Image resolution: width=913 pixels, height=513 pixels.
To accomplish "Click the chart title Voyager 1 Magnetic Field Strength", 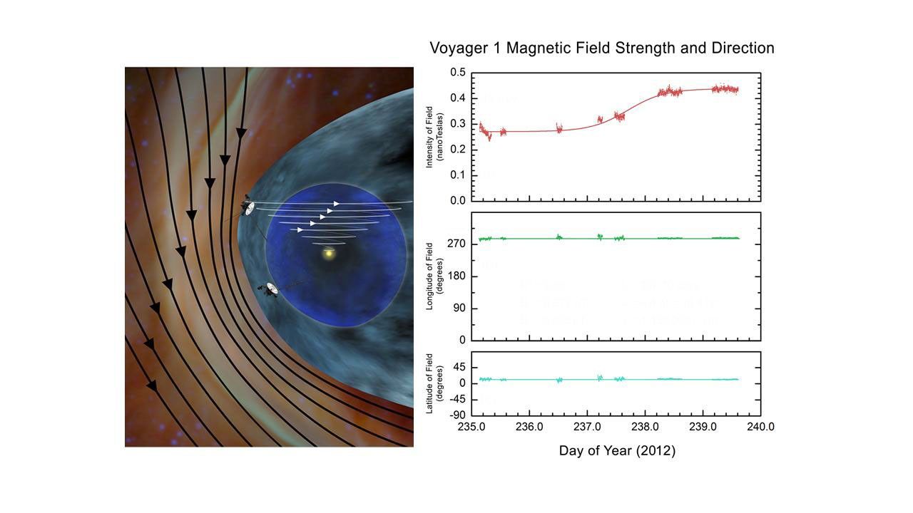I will (x=601, y=48).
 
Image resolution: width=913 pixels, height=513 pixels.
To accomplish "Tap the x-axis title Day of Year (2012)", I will (x=616, y=450).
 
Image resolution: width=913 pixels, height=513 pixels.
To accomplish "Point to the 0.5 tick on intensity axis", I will (x=458, y=73).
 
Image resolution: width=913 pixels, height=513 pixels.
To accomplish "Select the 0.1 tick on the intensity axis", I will (x=458, y=175).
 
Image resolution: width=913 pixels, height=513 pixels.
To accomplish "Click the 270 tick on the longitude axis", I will (x=456, y=244).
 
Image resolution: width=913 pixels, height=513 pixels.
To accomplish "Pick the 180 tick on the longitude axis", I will (x=456, y=276).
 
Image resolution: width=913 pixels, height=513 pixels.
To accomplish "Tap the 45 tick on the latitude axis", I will (x=459, y=368).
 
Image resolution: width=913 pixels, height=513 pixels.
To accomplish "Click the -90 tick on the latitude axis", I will (x=457, y=415).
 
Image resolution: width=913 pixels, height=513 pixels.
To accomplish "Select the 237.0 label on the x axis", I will (x=587, y=427).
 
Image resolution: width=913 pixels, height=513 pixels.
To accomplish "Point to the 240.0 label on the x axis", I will (x=760, y=427).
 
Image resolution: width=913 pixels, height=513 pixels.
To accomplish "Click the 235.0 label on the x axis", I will (x=471, y=427).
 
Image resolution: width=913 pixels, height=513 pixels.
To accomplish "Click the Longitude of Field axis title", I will (x=434, y=276).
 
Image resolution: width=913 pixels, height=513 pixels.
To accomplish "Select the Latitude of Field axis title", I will (x=434, y=383).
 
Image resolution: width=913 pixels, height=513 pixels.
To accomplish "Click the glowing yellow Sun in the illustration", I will (x=328, y=254).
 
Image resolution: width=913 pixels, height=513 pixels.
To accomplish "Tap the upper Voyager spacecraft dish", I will (x=247, y=206).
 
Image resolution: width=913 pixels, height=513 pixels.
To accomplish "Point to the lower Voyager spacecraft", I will (x=270, y=289).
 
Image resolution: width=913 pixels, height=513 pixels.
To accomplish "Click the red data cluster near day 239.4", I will (x=727, y=89).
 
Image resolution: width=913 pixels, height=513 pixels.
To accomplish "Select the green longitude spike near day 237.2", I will (x=600, y=236).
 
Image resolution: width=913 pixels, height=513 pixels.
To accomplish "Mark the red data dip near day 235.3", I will (x=489, y=137).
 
